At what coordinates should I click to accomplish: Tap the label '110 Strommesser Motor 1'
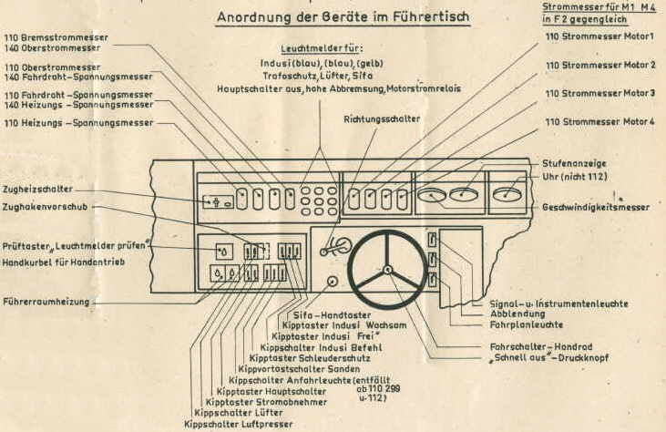point(600,36)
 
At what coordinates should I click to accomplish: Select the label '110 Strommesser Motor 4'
point(600,122)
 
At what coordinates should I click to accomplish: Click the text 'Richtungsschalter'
point(382,119)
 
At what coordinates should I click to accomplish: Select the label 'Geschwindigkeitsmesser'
point(596,208)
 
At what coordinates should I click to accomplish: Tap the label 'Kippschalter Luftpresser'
point(239,424)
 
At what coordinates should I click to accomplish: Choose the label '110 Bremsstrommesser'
point(56,37)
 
